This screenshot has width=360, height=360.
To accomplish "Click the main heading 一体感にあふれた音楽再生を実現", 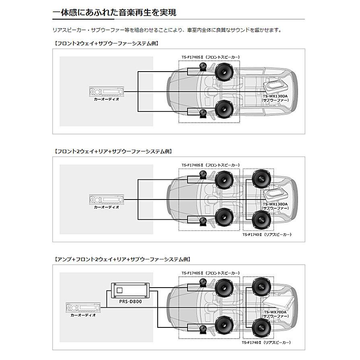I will pyautogui.click(x=114, y=13).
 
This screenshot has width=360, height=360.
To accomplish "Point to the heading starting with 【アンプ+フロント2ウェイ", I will pyautogui.click(x=122, y=259).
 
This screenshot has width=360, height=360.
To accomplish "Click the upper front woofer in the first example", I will pyautogui.click(x=224, y=72).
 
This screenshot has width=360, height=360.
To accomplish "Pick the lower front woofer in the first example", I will pyautogui.click(x=224, y=110).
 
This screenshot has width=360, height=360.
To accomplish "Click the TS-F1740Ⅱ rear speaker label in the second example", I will pyautogui.click(x=266, y=234).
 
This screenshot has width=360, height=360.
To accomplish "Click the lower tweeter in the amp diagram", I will pyautogui.click(x=204, y=329).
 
